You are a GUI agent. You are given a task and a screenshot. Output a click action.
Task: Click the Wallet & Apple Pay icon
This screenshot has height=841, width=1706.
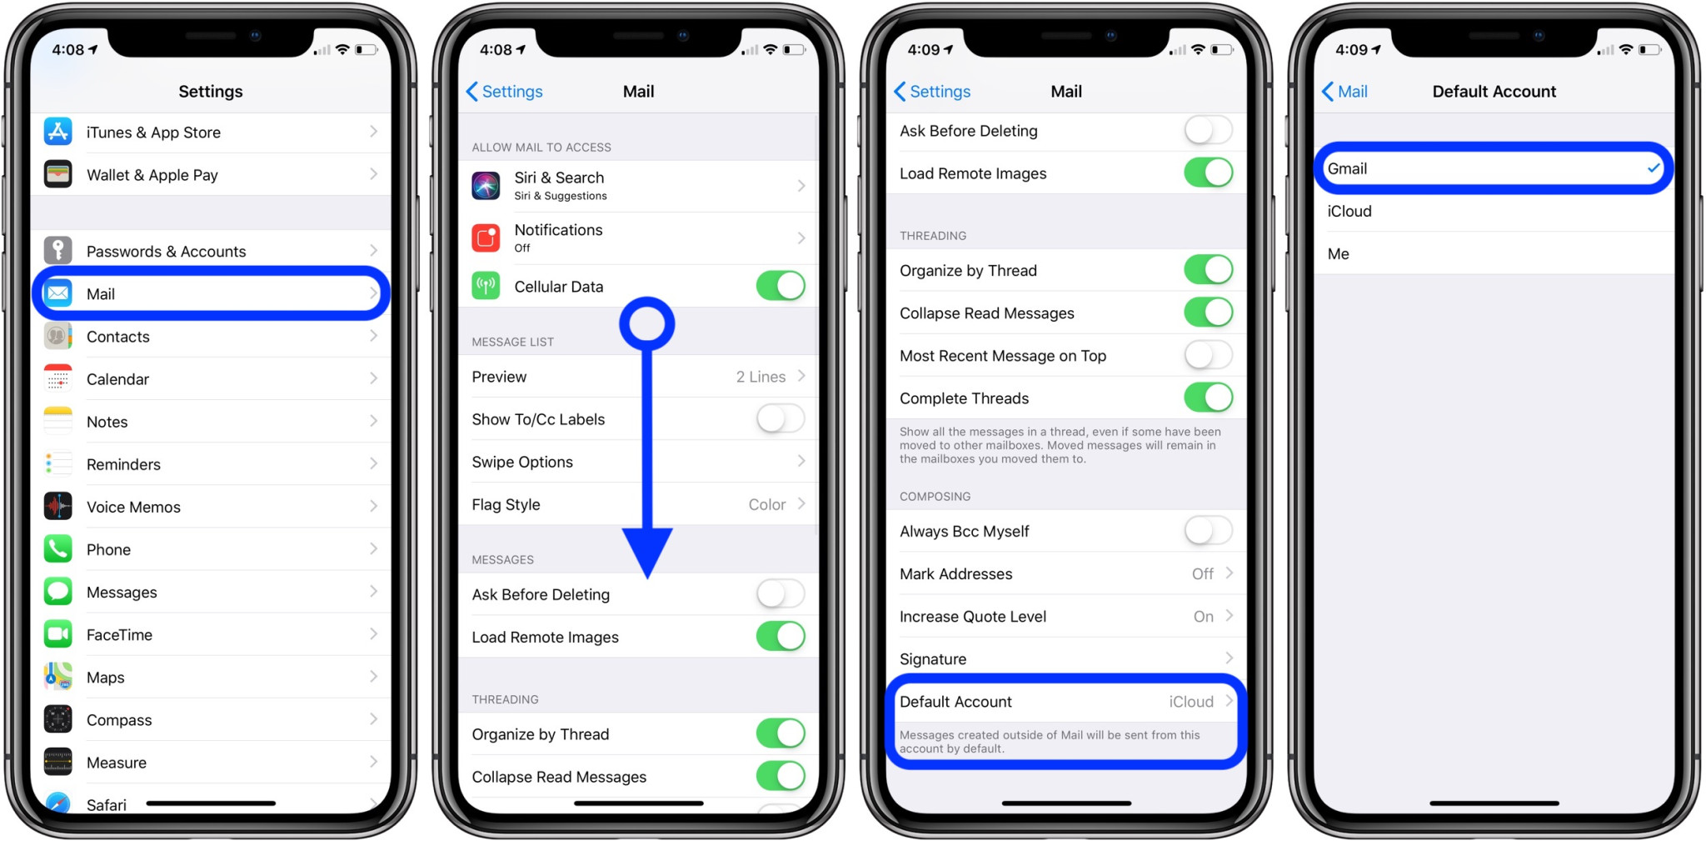(57, 174)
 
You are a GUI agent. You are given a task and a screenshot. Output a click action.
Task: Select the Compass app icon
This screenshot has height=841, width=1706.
(57, 719)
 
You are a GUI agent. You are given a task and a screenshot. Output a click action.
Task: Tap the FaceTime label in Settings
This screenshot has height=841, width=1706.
(119, 634)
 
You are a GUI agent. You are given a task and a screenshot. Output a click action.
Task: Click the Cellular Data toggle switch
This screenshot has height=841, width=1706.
(780, 286)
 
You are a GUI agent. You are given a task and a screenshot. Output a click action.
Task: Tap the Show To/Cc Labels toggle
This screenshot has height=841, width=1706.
(780, 418)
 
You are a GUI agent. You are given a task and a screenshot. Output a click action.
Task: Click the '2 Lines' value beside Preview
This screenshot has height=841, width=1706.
(761, 377)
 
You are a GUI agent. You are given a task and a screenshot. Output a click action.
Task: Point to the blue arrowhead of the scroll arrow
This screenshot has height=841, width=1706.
(647, 550)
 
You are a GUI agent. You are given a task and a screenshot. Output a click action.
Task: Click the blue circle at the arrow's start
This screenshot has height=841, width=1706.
(647, 323)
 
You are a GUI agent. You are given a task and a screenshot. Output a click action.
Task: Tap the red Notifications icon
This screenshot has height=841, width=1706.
(486, 238)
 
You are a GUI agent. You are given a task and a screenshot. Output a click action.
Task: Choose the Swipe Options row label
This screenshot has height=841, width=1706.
(522, 462)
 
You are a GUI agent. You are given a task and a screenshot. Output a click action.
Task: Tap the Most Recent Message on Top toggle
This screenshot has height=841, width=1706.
(1208, 355)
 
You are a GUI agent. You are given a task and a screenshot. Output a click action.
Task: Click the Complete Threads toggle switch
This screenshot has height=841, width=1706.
(1208, 398)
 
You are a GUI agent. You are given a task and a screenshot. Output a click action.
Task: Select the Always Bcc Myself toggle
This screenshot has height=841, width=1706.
(1208, 531)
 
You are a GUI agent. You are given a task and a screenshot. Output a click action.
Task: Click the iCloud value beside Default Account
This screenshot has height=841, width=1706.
(1190, 702)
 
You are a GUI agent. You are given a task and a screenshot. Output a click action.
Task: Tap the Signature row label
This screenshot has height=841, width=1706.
(933, 658)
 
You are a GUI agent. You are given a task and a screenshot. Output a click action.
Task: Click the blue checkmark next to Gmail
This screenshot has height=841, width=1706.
(1653, 168)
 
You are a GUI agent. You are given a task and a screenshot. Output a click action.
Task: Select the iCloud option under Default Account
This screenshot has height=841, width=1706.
(1349, 211)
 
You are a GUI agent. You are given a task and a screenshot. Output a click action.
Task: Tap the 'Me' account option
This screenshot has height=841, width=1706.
(1338, 253)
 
